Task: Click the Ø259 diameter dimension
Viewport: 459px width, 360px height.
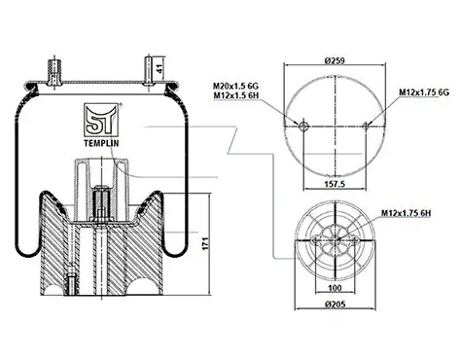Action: click(335, 60)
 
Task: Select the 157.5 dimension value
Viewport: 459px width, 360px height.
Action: click(335, 184)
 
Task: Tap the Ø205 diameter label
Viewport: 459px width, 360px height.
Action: click(335, 305)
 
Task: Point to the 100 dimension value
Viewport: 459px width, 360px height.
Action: click(335, 288)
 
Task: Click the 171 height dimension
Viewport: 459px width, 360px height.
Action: click(205, 243)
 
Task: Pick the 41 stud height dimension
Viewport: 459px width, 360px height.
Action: click(159, 69)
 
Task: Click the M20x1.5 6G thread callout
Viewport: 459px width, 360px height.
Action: click(235, 87)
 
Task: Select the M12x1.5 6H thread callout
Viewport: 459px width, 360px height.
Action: click(235, 95)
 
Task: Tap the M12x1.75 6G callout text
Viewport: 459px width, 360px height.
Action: click(424, 92)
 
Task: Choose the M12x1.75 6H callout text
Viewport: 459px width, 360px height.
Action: click(406, 213)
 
